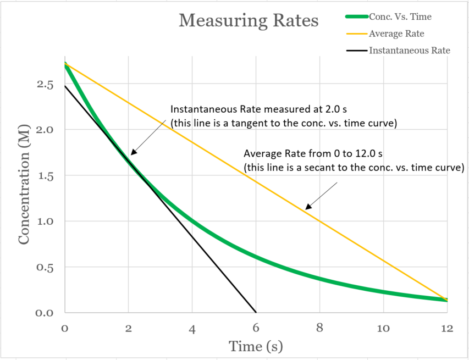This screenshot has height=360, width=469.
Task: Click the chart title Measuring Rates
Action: point(249,21)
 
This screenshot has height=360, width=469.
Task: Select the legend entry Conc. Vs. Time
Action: point(400,16)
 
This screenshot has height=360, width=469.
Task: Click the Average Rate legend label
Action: point(396,34)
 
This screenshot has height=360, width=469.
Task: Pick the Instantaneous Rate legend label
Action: point(410,51)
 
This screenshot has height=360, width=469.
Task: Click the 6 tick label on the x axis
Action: point(256,329)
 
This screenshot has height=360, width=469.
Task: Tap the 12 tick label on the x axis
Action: point(446,329)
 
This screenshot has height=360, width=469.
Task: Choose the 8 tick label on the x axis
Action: point(319,329)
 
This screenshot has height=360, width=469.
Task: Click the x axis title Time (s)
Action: point(256,347)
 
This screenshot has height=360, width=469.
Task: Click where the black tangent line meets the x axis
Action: point(256,312)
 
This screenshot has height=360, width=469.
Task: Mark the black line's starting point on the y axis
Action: point(65,86)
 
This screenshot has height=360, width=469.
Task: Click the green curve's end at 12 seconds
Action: point(446,300)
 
